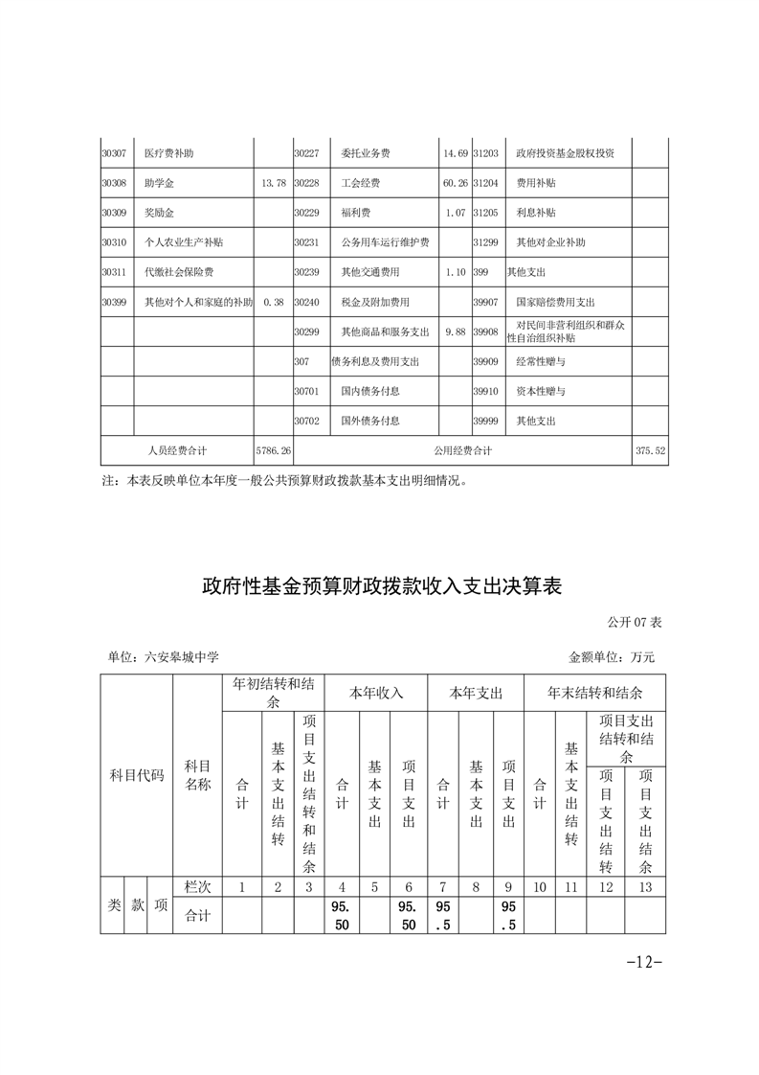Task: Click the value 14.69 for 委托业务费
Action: coord(455,153)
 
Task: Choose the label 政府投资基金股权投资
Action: coord(565,153)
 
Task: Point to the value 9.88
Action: coord(455,332)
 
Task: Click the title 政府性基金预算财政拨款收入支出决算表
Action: coord(380,586)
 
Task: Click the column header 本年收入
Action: coord(376,693)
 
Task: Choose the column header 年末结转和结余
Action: coord(594,693)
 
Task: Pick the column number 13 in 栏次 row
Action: coord(645,887)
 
